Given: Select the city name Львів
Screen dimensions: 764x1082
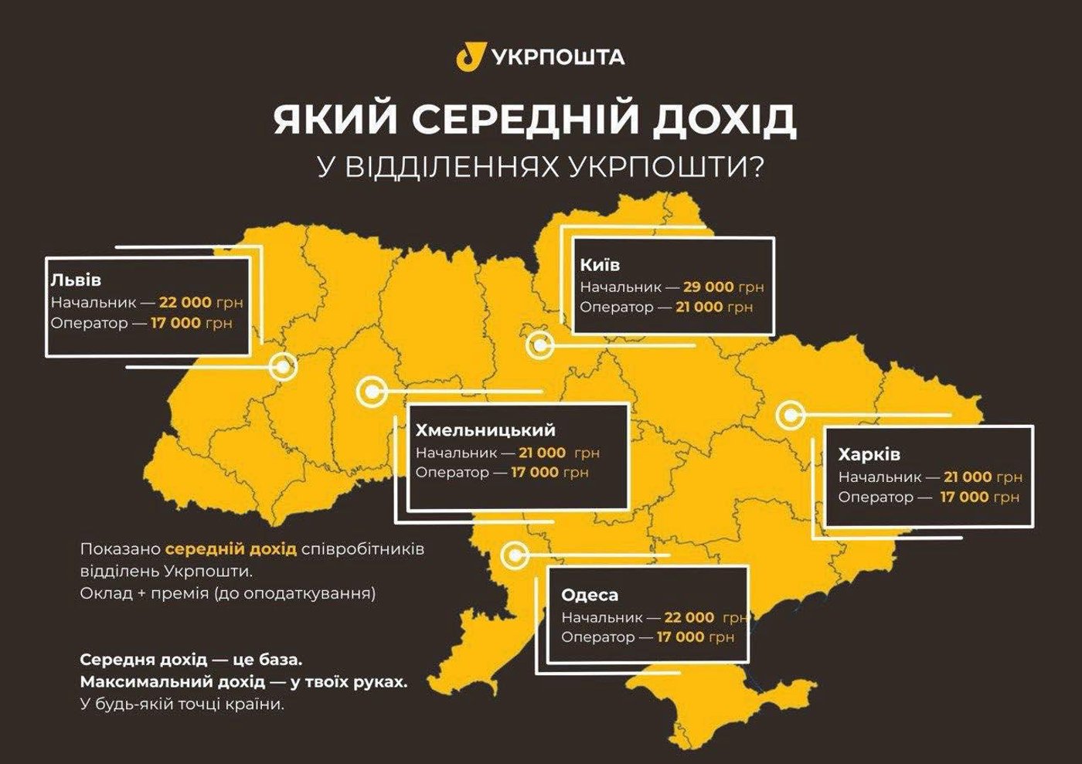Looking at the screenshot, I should click(x=76, y=280).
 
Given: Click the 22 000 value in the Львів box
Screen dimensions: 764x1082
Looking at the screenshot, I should click(x=185, y=302).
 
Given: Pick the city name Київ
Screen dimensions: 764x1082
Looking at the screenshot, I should click(x=600, y=265).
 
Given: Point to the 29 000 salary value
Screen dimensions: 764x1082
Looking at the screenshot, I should click(x=708, y=287).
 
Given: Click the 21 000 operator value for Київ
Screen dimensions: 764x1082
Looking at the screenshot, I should click(x=699, y=307).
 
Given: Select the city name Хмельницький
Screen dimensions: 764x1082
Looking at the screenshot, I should click(x=485, y=430).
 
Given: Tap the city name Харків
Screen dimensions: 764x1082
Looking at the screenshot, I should click(x=869, y=454).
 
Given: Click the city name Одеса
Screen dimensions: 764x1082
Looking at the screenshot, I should click(x=590, y=595).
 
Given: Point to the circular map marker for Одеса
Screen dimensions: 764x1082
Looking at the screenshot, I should click(x=514, y=555).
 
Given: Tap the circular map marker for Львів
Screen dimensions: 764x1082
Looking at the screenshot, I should click(x=284, y=366).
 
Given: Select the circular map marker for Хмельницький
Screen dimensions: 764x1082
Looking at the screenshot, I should click(x=372, y=392).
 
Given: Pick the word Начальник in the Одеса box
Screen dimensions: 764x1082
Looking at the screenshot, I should click(x=602, y=618).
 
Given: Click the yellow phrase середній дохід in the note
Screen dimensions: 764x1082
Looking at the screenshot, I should click(x=230, y=549).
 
